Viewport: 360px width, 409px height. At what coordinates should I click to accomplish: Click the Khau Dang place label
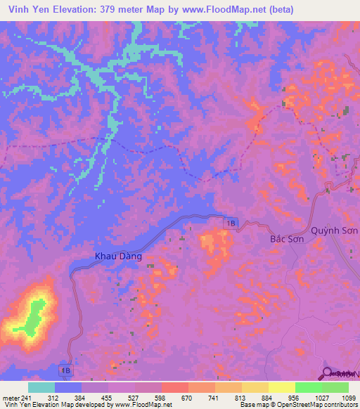[x=118, y=257]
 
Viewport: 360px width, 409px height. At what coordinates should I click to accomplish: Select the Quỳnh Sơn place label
[x=335, y=231]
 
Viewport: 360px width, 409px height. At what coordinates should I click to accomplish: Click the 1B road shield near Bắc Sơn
[x=231, y=223]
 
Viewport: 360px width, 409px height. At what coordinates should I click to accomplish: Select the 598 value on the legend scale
[x=148, y=397]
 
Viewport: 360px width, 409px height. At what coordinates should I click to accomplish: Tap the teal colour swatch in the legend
[x=41, y=387]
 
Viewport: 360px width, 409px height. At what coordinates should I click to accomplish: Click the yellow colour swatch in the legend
[x=282, y=387]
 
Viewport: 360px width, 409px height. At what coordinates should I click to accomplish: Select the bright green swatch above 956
[x=309, y=387]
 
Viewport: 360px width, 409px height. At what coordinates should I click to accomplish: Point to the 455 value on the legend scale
[x=95, y=397]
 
